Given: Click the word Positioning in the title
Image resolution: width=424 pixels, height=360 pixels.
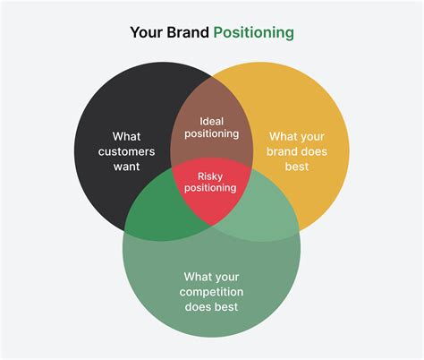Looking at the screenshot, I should [253, 32].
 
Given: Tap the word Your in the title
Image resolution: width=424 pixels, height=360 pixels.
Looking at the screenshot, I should [146, 32].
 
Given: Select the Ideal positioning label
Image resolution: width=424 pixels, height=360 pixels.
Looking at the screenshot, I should [212, 127].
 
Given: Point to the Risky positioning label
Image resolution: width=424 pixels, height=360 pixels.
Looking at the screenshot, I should [211, 181].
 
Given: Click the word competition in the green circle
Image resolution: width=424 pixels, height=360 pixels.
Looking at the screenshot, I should [212, 292].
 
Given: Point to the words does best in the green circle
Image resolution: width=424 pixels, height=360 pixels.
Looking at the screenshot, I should [212, 307].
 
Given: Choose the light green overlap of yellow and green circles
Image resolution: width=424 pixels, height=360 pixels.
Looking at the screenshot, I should [265, 215].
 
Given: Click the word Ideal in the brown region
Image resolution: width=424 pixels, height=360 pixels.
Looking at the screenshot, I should [212, 120].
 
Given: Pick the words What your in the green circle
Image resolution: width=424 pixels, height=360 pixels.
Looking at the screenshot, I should [212, 277].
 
